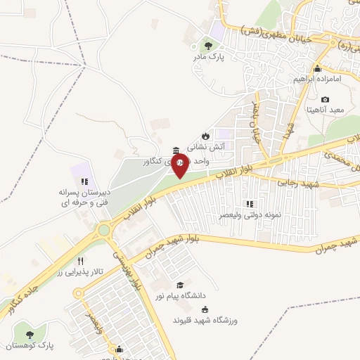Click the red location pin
click(180, 165)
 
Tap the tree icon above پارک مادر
click(205, 45)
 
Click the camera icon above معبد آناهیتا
click(325, 100)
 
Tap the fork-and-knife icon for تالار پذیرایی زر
click(81, 261)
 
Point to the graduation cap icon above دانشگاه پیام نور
click(181, 285)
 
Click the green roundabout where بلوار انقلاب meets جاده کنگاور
click(105, 229)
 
